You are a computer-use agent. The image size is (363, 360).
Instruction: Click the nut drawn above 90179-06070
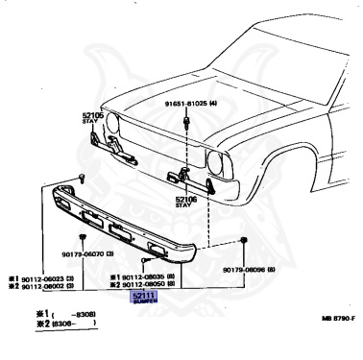(85, 235)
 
